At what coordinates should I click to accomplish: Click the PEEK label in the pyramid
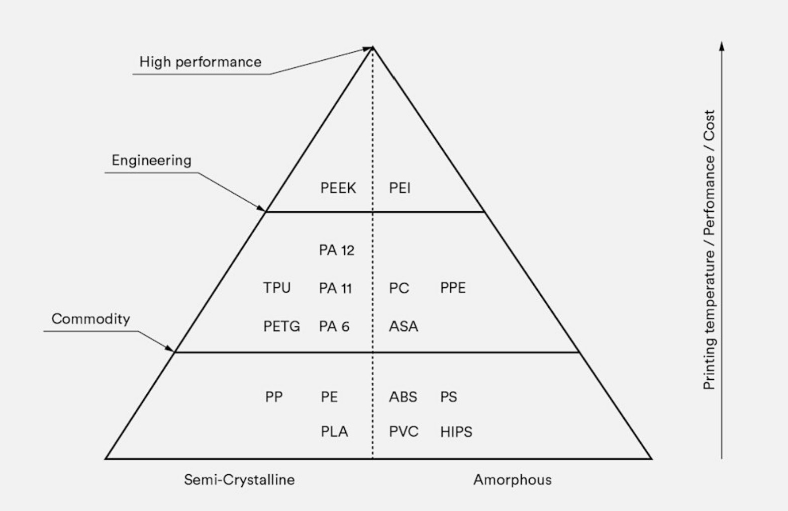[x=338, y=188]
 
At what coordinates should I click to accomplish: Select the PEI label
[x=400, y=188]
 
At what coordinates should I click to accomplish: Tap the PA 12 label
[x=336, y=250]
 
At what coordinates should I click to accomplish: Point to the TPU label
[x=277, y=288]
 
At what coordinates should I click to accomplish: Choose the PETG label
[x=281, y=326]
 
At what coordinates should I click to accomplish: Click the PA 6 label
[x=334, y=326]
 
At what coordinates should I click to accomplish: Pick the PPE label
[x=453, y=288]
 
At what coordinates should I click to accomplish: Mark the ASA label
[x=403, y=326]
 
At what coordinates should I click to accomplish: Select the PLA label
[x=334, y=432]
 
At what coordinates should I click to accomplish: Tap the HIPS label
[x=456, y=432]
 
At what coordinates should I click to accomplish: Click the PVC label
[x=404, y=432]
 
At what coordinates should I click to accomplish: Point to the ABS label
[x=403, y=397]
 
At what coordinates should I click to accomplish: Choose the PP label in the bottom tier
[x=274, y=397]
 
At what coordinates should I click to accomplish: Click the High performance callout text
[x=201, y=62]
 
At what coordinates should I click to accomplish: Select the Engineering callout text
[x=151, y=160]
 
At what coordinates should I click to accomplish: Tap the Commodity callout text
[x=90, y=319]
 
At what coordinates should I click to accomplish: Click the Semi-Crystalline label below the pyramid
[x=239, y=480]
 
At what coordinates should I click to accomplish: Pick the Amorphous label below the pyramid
[x=512, y=480]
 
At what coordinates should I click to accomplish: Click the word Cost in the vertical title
[x=709, y=126]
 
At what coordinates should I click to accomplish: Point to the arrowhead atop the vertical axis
[x=722, y=46]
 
